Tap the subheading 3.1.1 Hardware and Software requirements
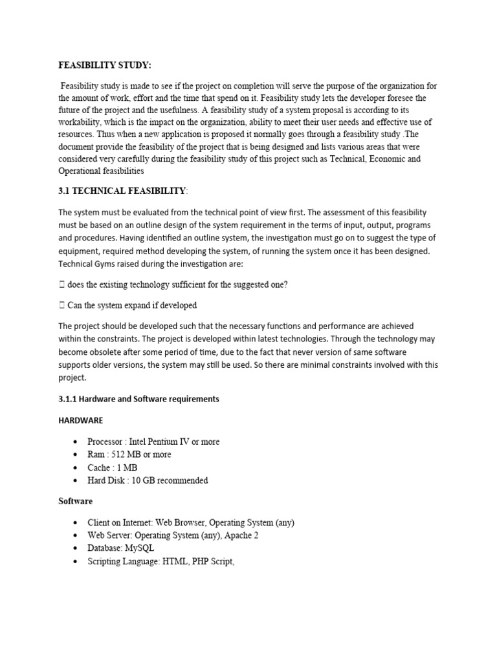pos(138,399)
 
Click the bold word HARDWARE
pos(80,420)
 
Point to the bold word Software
pos(76,501)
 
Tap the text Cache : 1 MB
pos(112,467)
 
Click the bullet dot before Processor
pos(76,442)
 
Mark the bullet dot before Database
pos(76,548)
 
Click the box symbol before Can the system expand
pos(61,305)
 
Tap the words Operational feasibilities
pos(101,171)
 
